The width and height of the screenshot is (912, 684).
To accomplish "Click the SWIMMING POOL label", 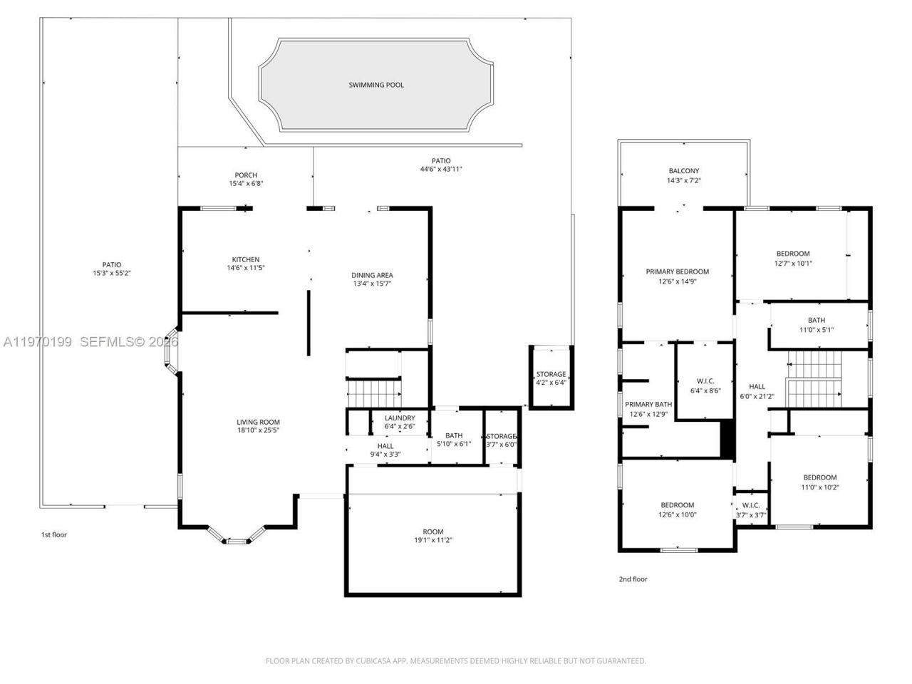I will pos(376,85).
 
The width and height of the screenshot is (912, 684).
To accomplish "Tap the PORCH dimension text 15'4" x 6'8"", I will pos(246,184).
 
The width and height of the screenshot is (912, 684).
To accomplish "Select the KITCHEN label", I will pos(246,259).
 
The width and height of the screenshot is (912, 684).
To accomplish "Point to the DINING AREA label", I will pos(372,275).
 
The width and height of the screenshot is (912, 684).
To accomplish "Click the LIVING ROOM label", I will pos(258,422).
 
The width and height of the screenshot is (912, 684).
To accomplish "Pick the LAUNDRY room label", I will pos(400,418).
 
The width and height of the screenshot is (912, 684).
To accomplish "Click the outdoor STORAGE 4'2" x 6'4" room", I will pos(551,378).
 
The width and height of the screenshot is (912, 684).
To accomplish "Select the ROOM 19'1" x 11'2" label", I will pos(433,532).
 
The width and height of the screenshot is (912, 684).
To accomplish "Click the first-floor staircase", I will pos(374,392).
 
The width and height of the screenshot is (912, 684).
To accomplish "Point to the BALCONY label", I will pos(684,171).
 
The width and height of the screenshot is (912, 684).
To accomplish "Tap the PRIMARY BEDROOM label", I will pos(677,271).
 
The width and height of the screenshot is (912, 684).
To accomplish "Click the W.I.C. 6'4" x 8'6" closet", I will pos(704,385).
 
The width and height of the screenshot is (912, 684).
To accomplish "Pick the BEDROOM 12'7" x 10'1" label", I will pos(793,254).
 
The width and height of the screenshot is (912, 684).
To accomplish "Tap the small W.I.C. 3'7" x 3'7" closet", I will pos(751,509).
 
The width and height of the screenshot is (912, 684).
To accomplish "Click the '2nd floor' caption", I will pos(633,579).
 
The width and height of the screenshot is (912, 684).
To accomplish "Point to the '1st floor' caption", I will pos(53,534).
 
